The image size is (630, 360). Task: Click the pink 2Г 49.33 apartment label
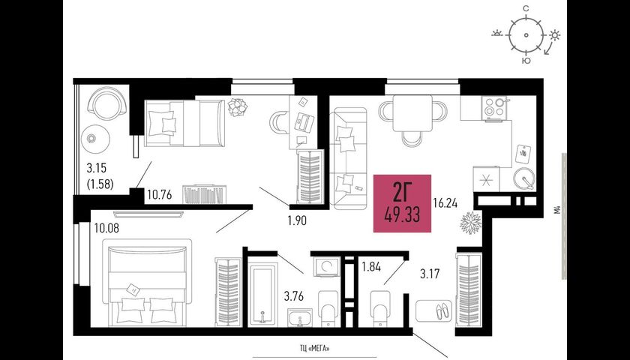point(402,203)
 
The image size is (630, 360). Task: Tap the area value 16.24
point(445,204)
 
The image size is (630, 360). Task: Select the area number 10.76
point(160,195)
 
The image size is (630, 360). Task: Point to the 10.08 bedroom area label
point(106,229)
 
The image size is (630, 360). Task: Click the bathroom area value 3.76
point(294,297)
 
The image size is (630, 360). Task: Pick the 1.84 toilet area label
point(370,266)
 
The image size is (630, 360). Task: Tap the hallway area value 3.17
point(430,274)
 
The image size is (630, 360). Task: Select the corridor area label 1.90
point(297,220)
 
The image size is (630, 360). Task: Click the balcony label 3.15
point(96,167)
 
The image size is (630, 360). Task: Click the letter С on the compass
point(526,8)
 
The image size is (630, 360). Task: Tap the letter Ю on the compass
point(526,61)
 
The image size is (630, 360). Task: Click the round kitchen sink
point(524,178)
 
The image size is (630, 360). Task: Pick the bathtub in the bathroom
point(262,294)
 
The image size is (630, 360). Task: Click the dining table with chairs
point(412,118)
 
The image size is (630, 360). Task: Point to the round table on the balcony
point(95,139)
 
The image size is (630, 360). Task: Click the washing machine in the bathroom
point(328,266)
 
